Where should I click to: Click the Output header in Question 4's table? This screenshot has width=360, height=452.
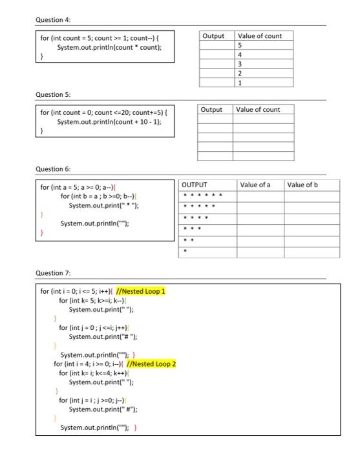213,36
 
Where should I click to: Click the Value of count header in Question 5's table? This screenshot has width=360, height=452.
259,110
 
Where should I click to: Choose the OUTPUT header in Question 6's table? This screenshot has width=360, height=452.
195,185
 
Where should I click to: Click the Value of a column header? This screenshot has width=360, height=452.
255,185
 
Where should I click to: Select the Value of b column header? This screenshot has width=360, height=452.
303,185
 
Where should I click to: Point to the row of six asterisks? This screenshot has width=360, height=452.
203,195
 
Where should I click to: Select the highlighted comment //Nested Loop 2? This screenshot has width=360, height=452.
151,364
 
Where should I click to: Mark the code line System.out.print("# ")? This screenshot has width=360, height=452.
103,336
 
